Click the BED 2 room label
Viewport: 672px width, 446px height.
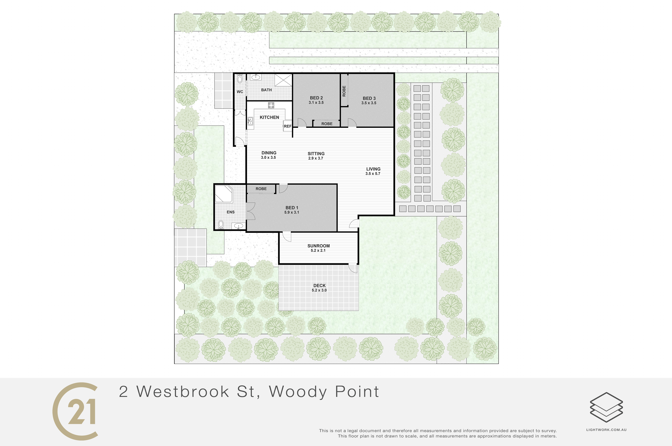(x=316, y=98)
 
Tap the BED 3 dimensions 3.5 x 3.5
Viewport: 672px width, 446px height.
(x=369, y=103)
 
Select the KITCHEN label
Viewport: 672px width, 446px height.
(x=269, y=117)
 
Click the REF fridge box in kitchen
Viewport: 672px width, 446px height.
(x=288, y=126)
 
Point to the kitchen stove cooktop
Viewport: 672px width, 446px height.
(x=271, y=105)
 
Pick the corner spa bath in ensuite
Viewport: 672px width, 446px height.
(x=224, y=194)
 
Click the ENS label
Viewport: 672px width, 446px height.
(x=231, y=212)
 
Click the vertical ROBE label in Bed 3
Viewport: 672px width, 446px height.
(x=344, y=91)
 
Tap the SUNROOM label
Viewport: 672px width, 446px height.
(x=319, y=246)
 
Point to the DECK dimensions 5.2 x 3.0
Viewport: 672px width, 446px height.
(x=319, y=290)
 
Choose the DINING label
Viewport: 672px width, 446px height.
(x=269, y=153)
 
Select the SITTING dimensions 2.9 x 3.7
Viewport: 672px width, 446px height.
(x=316, y=158)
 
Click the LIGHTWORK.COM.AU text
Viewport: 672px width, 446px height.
(x=606, y=430)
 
